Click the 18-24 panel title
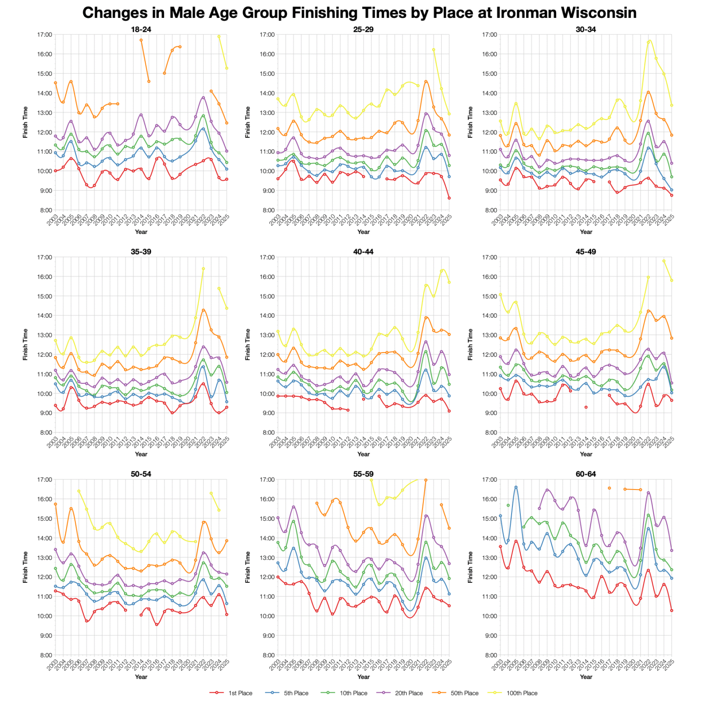pos(141,29)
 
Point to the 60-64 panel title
pos(586,474)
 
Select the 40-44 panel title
pos(363,252)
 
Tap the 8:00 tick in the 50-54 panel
pos(46,655)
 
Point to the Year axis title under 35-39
pos(141,454)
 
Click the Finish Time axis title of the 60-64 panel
pos(470,567)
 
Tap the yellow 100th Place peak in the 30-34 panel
pos(649,41)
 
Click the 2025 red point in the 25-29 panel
pos(449,198)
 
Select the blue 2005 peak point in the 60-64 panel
pos(516,487)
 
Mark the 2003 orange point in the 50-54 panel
pos(55,504)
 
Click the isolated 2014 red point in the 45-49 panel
pos(586,407)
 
